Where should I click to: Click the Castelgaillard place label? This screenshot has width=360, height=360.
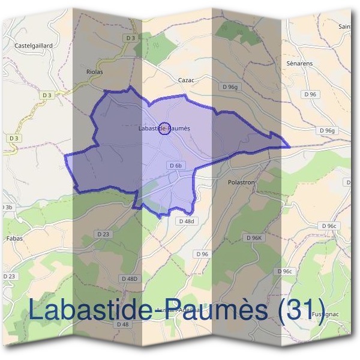click(x=34, y=45)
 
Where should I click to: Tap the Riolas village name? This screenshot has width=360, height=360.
click(x=95, y=71)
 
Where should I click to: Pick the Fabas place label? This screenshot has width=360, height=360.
click(x=14, y=238)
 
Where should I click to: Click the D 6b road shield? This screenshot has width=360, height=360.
click(x=175, y=166)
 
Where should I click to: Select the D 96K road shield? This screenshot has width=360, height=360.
click(x=254, y=238)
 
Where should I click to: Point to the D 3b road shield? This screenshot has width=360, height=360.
click(x=6, y=207)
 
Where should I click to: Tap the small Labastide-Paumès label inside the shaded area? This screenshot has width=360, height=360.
click(x=164, y=128)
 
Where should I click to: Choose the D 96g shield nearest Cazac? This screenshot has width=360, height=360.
click(x=230, y=88)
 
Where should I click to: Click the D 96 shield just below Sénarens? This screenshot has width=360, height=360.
click(x=310, y=94)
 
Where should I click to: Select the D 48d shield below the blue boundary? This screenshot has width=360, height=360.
click(x=187, y=221)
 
